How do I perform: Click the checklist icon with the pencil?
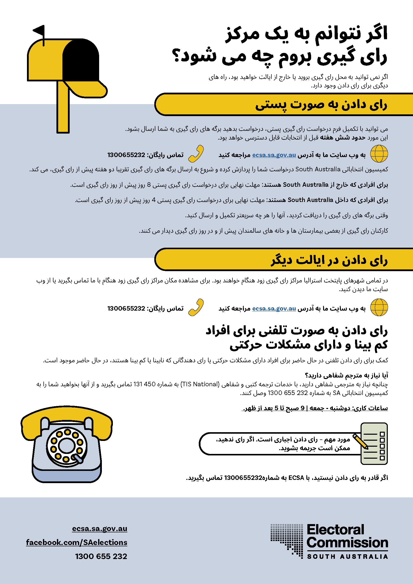(x=374, y=444)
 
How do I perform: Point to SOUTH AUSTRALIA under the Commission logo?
(x=347, y=557)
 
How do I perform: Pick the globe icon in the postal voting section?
(x=379, y=154)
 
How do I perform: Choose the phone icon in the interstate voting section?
(x=196, y=307)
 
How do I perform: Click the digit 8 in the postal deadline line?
(x=149, y=185)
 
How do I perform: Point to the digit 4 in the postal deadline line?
(x=154, y=200)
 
